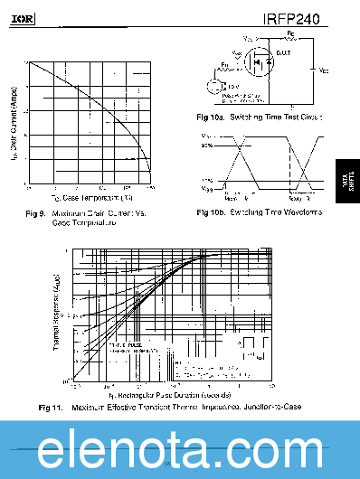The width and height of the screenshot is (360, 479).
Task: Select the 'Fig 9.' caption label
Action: pos(37,214)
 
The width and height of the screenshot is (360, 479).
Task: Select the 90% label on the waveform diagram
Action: pos(207,145)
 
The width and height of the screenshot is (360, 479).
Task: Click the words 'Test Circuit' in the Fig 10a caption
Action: pos(303,117)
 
